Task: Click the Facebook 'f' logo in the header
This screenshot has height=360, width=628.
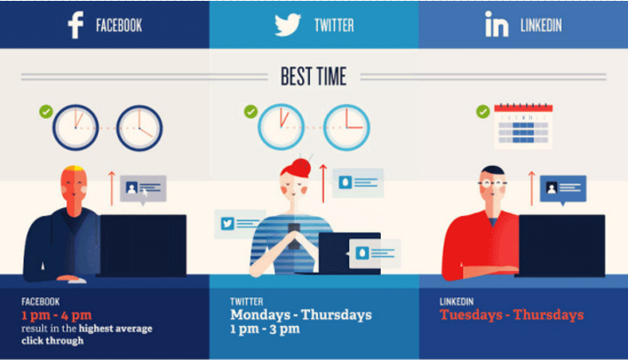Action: click(76, 24)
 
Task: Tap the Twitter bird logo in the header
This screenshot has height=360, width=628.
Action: click(287, 24)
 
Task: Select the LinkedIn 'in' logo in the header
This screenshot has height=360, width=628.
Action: click(497, 24)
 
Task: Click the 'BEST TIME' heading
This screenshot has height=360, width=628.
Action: click(314, 76)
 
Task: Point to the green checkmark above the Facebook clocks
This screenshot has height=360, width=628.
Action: click(46, 112)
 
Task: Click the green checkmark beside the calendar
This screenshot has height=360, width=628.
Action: click(483, 112)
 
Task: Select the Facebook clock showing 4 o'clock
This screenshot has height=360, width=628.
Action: click(140, 128)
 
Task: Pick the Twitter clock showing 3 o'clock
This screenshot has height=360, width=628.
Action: click(347, 128)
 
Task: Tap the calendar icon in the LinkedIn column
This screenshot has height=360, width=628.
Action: click(523, 127)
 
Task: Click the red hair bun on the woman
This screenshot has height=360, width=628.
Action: click(301, 166)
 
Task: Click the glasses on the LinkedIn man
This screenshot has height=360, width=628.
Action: click(493, 183)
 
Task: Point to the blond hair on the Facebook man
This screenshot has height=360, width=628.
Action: click(73, 170)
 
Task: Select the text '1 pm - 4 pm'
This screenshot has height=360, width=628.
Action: click(57, 315)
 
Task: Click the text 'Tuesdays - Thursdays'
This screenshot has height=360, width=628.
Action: click(512, 315)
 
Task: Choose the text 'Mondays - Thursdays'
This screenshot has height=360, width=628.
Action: click(300, 315)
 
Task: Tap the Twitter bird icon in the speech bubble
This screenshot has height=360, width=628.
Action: click(227, 223)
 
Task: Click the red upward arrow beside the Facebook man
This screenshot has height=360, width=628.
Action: click(112, 189)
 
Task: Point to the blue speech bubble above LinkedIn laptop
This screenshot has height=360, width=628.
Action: click(562, 190)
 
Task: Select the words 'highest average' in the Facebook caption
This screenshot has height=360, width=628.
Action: click(115, 329)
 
